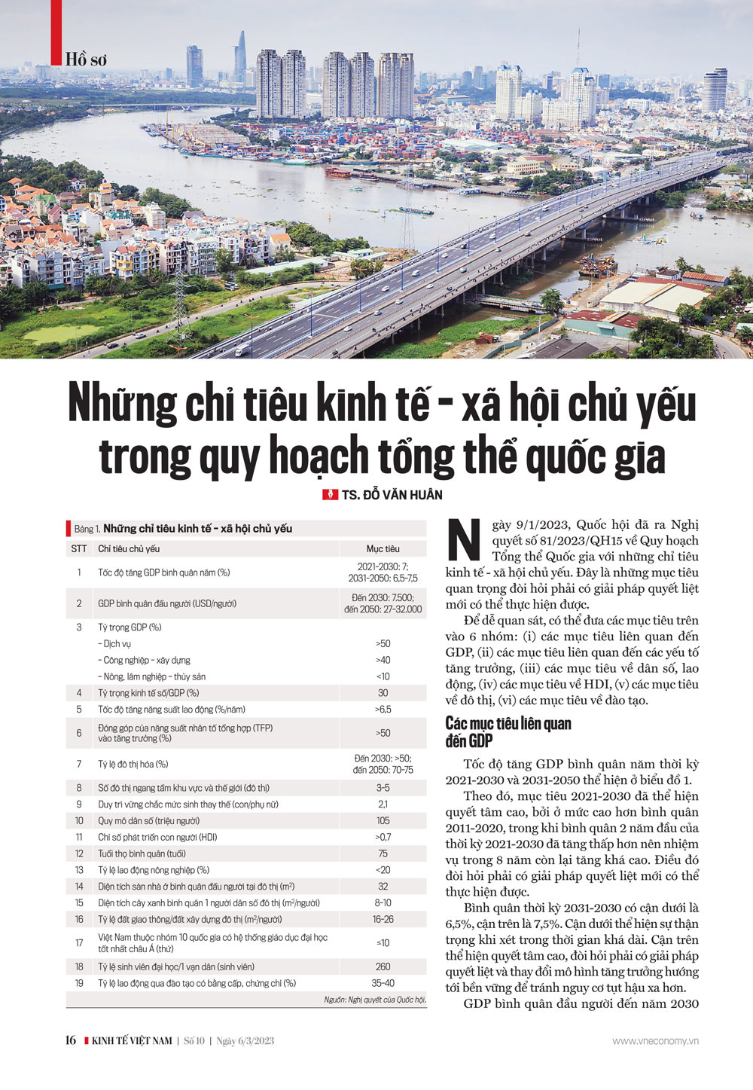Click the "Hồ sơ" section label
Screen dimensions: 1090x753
pyautogui.click(x=86, y=60)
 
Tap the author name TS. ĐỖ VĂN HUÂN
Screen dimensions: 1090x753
pyautogui.click(x=392, y=495)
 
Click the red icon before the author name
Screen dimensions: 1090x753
pyautogui.click(x=329, y=495)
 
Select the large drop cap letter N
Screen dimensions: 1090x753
pyautogui.click(x=465, y=540)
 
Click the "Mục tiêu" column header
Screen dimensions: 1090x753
pyautogui.click(x=383, y=549)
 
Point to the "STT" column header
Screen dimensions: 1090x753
pyautogui.click(x=79, y=549)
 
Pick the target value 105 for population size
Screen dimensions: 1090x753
pyautogui.click(x=383, y=821)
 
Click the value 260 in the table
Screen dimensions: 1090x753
pyautogui.click(x=383, y=967)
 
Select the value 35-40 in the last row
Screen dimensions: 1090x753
pyautogui.click(x=383, y=984)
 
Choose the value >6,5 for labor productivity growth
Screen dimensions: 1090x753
pyautogui.click(x=383, y=710)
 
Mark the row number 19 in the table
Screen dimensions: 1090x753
pyautogui.click(x=79, y=984)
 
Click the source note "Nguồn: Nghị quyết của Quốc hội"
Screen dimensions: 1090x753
pyautogui.click(x=375, y=1000)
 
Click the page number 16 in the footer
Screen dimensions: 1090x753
pyautogui.click(x=71, y=1041)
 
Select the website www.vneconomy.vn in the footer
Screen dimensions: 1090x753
pyautogui.click(x=655, y=1041)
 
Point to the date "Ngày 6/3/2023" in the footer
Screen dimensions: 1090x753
pyautogui.click(x=245, y=1041)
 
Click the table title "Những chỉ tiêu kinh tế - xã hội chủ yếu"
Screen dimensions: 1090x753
pyautogui.click(x=197, y=529)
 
